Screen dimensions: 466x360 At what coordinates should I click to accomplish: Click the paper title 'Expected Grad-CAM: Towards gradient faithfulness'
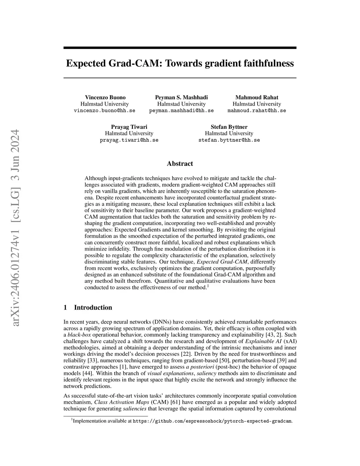coord(180,63)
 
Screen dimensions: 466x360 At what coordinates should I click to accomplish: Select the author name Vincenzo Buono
coord(105,97)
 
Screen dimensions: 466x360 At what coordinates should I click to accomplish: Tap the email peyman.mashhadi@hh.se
coord(181,110)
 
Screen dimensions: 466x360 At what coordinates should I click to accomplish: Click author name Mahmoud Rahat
coord(257,97)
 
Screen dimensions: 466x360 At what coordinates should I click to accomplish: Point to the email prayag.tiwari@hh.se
coord(129,140)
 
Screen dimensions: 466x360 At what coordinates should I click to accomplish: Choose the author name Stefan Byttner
coord(229,127)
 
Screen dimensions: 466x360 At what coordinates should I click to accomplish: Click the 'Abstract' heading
coord(180,164)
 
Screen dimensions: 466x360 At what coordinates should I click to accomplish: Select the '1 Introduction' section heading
coord(88,307)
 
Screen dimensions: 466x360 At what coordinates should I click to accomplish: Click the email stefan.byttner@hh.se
coord(229,140)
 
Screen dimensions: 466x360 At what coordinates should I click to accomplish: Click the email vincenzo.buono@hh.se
coord(104,110)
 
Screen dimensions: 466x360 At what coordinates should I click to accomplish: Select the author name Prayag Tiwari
coord(129,127)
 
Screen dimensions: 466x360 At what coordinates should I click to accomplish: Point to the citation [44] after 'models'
coord(88,373)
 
